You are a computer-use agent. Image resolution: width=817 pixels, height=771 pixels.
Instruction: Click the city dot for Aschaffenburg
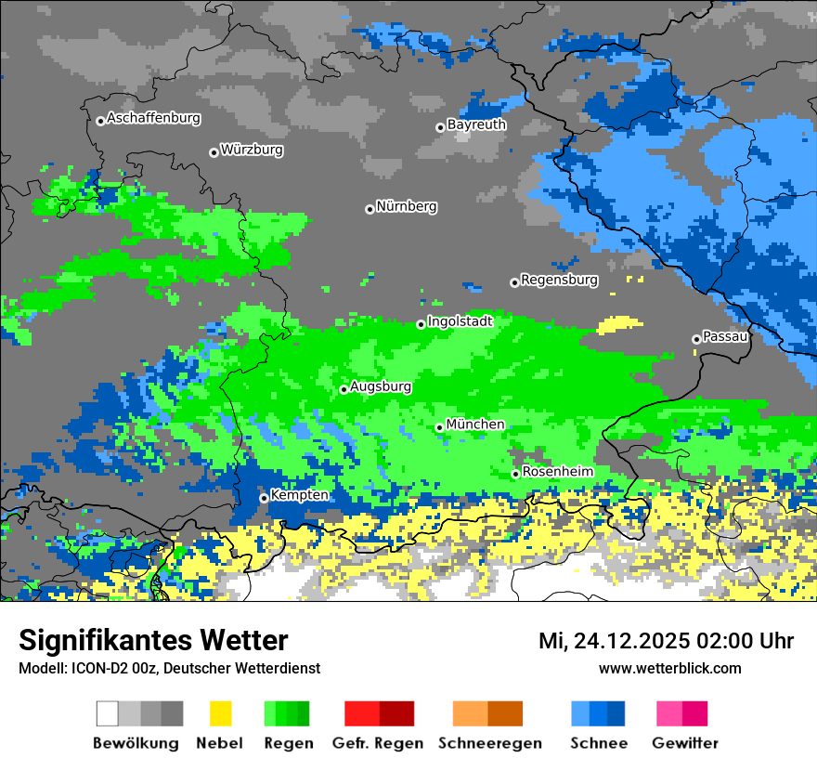100,121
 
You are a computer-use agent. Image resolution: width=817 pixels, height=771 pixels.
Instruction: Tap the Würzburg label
252,150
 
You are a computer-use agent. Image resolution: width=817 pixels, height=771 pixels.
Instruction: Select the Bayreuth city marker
440,127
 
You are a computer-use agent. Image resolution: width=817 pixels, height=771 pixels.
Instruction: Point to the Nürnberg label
407,206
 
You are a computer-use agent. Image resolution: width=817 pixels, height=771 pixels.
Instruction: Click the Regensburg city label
559,280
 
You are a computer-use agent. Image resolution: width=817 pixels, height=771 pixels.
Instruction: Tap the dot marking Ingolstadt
421,324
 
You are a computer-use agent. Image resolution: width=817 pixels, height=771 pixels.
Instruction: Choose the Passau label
726,336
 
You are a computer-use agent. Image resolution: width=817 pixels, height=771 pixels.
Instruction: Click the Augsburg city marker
344,389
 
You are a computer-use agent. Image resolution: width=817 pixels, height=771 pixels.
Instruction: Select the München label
475,425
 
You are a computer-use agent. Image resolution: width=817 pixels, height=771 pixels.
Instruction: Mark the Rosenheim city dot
515,474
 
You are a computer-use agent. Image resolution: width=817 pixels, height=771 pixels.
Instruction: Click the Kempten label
299,495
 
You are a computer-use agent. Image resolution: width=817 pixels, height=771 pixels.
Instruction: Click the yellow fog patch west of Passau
619,325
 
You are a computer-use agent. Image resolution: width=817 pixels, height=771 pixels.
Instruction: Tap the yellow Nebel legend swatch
220,713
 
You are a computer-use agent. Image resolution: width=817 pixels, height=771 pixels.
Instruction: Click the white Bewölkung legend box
108,713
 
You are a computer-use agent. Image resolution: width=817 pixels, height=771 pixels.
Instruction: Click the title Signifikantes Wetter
153,641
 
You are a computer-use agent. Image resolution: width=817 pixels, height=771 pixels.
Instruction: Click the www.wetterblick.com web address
669,668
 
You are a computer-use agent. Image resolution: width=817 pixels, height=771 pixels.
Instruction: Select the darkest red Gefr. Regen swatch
396,713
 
